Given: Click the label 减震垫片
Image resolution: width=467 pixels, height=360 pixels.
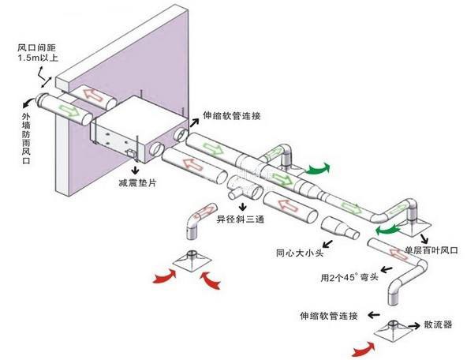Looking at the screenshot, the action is (137, 182).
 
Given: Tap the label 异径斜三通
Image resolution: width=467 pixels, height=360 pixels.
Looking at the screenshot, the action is (240, 219).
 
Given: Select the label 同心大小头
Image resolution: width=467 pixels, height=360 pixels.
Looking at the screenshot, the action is (300, 253).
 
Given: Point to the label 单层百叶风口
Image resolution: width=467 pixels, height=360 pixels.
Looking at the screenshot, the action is (431, 250).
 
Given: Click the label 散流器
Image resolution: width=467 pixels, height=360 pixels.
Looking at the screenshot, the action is (438, 324).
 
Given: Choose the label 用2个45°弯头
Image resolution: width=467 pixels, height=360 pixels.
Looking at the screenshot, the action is (349, 277).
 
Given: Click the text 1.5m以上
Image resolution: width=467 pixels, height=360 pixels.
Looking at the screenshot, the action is (38, 57).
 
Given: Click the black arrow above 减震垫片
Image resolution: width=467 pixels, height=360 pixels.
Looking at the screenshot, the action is (136, 170).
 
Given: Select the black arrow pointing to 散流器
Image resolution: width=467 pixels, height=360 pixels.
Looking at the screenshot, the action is (415, 326).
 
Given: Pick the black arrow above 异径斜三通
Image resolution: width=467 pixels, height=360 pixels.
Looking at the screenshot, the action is (243, 206).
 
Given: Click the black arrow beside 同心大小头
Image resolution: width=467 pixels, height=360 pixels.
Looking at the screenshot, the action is (328, 244).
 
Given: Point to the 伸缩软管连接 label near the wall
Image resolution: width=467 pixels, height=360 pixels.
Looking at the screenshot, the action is (232, 115).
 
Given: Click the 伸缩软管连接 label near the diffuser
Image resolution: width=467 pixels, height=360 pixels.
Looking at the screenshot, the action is (329, 316).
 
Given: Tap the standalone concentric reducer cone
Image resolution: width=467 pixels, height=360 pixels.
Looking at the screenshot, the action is (340, 227).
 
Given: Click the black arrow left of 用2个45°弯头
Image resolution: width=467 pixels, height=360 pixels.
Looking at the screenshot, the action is (387, 270).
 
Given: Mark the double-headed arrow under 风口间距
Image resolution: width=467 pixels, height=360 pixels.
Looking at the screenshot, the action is (47, 82).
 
